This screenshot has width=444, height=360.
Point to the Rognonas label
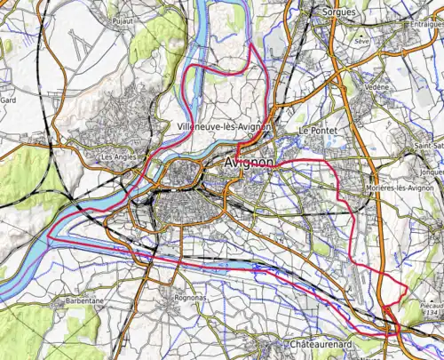click(191, 298)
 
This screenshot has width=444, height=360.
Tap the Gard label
click(9, 101)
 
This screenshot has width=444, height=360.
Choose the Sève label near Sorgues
click(361, 42)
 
